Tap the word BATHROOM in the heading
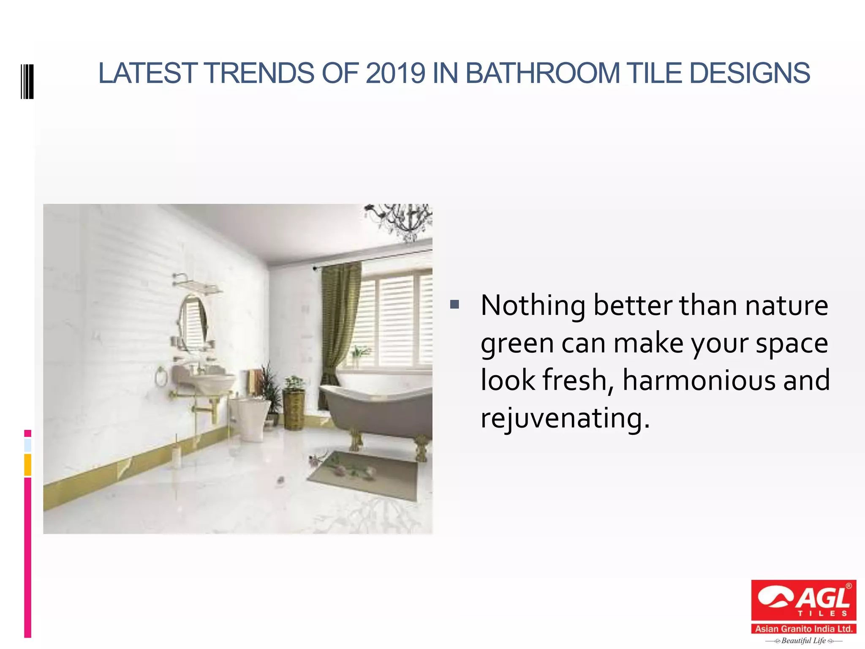[x=542, y=73]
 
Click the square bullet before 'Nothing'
[x=454, y=304]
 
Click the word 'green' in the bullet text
[x=517, y=343]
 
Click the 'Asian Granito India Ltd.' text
[x=803, y=629]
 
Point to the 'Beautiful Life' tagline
[x=803, y=641]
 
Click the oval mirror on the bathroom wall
[x=193, y=323]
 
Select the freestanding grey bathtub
[x=376, y=410]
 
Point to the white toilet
[x=250, y=416]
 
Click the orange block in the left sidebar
[x=27, y=464]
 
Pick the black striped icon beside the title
[x=27, y=82]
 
